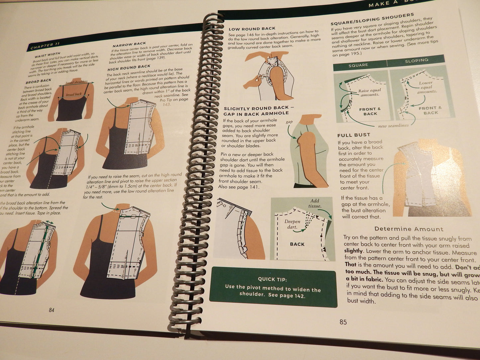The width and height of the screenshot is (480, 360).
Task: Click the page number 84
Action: (51, 310)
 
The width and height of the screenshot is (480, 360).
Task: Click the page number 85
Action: (343, 322)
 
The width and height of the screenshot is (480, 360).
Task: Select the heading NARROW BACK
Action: (129, 44)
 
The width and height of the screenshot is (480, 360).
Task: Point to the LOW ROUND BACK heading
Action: (252, 29)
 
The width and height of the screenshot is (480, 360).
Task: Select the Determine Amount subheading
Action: (409, 229)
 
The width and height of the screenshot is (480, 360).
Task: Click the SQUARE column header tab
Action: (358, 65)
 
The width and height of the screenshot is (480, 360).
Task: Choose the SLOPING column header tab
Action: (417, 61)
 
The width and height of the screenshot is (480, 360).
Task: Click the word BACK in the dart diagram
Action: (297, 244)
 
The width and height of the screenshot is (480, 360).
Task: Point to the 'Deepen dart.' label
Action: (292, 224)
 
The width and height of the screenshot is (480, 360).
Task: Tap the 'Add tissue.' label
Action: (315, 203)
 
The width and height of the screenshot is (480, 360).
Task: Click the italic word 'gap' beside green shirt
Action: (289, 122)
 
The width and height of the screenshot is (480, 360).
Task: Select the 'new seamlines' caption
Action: (393, 126)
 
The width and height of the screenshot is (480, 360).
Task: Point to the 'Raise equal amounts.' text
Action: (370, 92)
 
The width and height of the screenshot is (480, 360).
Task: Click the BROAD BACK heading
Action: (39, 81)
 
